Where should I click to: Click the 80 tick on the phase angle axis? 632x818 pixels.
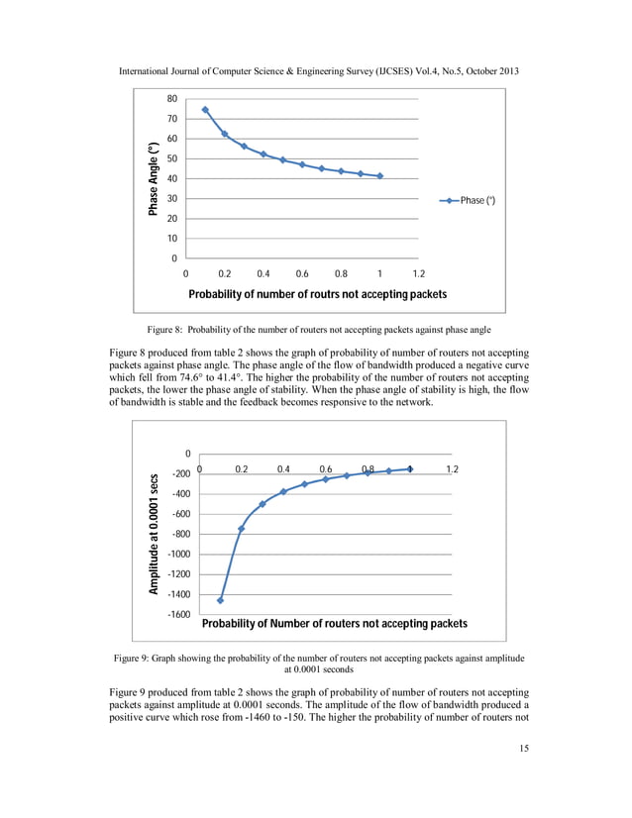point(172,99)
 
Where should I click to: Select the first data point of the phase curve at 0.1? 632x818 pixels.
point(205,110)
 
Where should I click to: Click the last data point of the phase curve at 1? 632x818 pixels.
point(380,176)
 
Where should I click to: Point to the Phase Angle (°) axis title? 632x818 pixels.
point(154,178)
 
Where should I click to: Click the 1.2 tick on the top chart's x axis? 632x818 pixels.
point(419,273)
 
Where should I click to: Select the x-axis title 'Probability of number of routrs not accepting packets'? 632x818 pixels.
point(317,294)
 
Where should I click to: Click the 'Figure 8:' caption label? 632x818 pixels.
point(167,329)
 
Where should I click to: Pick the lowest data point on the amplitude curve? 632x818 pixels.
point(220,600)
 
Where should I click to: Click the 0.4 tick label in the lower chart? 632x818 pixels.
point(283,468)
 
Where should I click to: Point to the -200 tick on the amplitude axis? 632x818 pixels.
point(180,474)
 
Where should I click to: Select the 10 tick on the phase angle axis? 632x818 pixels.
point(172,239)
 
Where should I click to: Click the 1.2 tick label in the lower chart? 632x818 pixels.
point(454,468)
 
